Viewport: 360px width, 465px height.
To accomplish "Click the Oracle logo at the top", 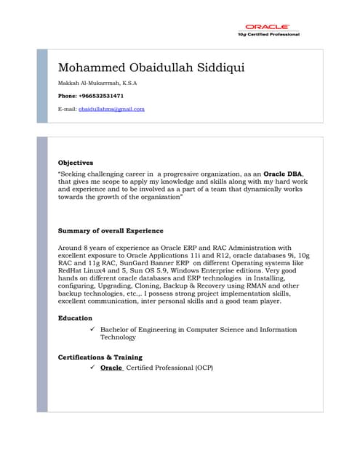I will point(267,27).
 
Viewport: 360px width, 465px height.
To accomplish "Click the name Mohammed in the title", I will point(89,68).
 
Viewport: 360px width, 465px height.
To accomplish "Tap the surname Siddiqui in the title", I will point(217,68).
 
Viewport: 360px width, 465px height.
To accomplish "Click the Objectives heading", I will point(76,162).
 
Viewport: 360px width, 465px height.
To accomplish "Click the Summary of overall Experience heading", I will point(111,231).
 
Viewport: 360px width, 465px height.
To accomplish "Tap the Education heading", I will point(75,318).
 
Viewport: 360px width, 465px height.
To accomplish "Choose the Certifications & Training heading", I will point(100,357).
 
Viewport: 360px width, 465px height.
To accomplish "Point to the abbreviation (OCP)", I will point(203,368).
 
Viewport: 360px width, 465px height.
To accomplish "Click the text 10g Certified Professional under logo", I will point(268,34).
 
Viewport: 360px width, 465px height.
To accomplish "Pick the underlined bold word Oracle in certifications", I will point(111,368).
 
